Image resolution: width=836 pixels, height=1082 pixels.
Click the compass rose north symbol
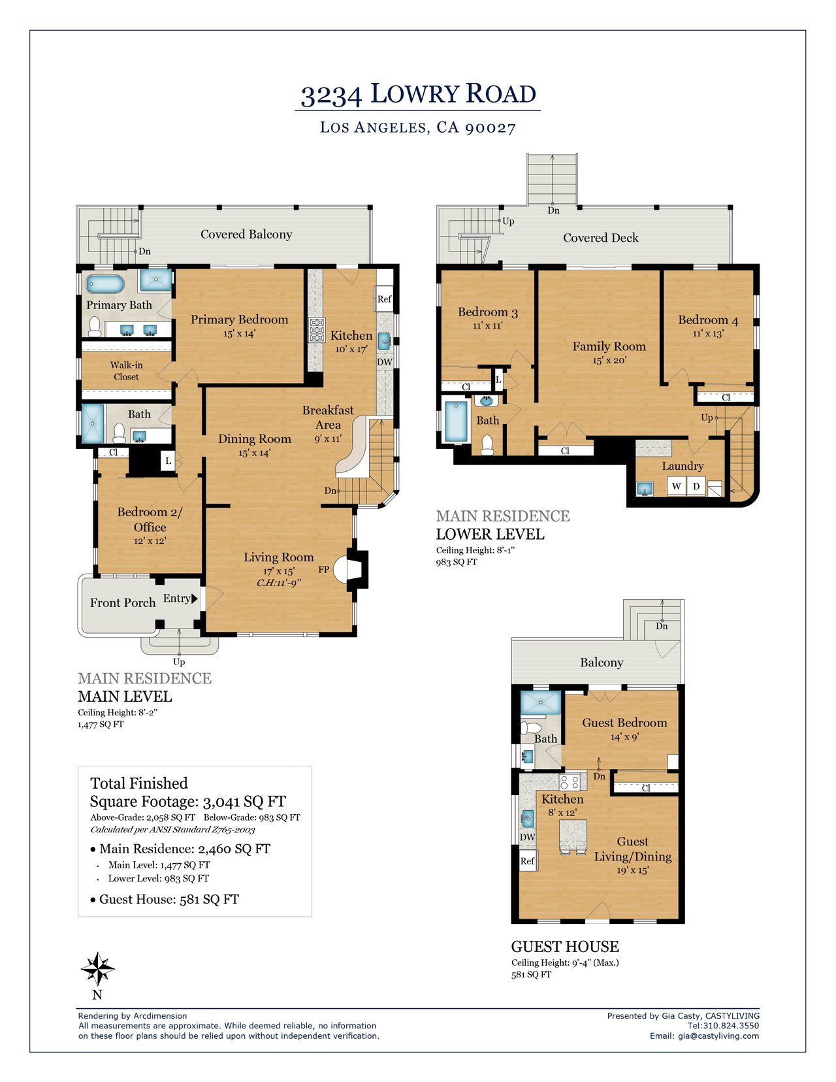coord(97,969)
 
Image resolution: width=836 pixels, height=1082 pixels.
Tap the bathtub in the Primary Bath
coord(105,284)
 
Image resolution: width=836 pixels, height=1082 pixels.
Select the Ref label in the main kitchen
coord(384,299)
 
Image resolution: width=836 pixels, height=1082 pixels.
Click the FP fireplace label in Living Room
coord(323,569)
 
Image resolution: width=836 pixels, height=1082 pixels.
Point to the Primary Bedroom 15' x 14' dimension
coord(239,334)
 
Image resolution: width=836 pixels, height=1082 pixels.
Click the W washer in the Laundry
coord(676,486)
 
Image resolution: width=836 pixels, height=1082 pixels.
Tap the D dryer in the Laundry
coord(696,486)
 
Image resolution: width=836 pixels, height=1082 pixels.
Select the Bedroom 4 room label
coord(707,320)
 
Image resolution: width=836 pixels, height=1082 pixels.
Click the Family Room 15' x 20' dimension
coord(609,360)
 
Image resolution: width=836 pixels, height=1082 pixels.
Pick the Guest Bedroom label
coord(624,723)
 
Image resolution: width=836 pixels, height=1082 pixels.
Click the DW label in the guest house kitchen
coord(528,837)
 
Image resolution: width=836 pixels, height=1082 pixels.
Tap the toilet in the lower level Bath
coord(487,445)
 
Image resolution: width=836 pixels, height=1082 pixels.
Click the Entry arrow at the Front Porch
coord(195,598)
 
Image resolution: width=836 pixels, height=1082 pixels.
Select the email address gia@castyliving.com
coord(718,1036)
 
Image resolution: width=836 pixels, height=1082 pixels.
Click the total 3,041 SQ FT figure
coord(244,802)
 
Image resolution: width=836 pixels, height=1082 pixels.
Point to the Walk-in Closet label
coord(127,371)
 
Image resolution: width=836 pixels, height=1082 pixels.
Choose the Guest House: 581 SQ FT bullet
coord(165,899)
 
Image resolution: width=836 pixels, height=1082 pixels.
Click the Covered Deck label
coord(601,238)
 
